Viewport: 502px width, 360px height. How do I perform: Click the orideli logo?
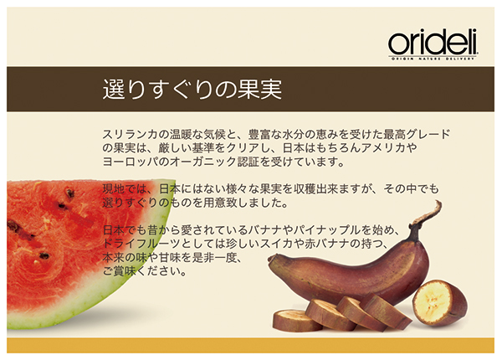tap(433, 44)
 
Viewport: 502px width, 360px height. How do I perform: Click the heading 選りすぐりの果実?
tap(192, 89)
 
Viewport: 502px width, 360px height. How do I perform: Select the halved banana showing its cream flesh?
tap(439, 303)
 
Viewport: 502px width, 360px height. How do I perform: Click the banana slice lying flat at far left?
tap(297, 321)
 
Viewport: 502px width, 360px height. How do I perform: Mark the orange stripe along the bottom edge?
tap(251, 345)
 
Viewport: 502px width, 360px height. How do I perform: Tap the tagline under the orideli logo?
tap(433, 59)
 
